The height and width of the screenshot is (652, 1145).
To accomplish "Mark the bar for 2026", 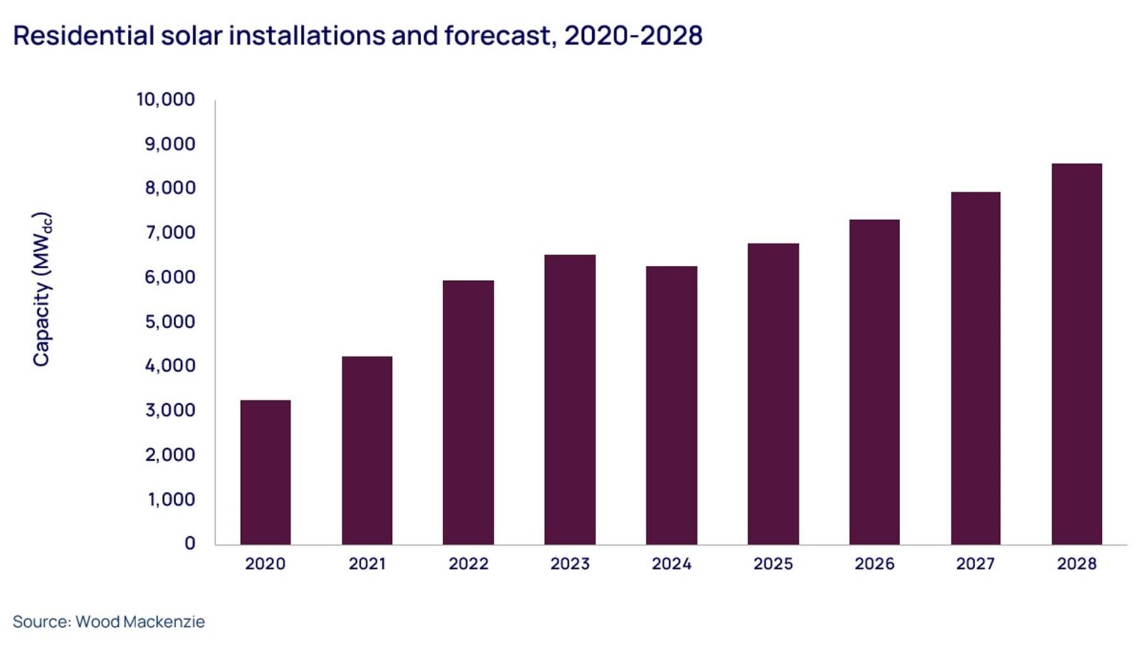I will pyautogui.click(x=874, y=382).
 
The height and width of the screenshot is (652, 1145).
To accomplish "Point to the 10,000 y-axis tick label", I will pyautogui.click(x=165, y=99).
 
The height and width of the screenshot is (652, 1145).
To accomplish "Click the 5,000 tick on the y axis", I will pyautogui.click(x=170, y=321).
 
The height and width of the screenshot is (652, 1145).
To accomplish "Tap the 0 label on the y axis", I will pyautogui.click(x=190, y=543).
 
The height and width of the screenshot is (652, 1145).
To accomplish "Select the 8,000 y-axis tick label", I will pyautogui.click(x=170, y=188).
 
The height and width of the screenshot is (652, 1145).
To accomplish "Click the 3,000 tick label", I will pyautogui.click(x=170, y=410).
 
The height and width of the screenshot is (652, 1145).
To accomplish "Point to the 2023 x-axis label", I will pyautogui.click(x=570, y=564).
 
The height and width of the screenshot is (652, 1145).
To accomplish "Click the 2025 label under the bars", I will pyautogui.click(x=773, y=564).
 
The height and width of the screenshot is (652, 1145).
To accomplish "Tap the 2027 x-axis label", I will pyautogui.click(x=975, y=564).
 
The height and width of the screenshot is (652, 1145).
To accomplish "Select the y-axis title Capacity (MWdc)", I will pyautogui.click(x=42, y=289).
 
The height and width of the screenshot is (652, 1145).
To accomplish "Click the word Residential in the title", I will pyautogui.click(x=81, y=36).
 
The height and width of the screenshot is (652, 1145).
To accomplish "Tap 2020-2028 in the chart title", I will pyautogui.click(x=633, y=36).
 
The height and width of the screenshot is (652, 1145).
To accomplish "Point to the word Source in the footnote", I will pyautogui.click(x=40, y=621).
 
